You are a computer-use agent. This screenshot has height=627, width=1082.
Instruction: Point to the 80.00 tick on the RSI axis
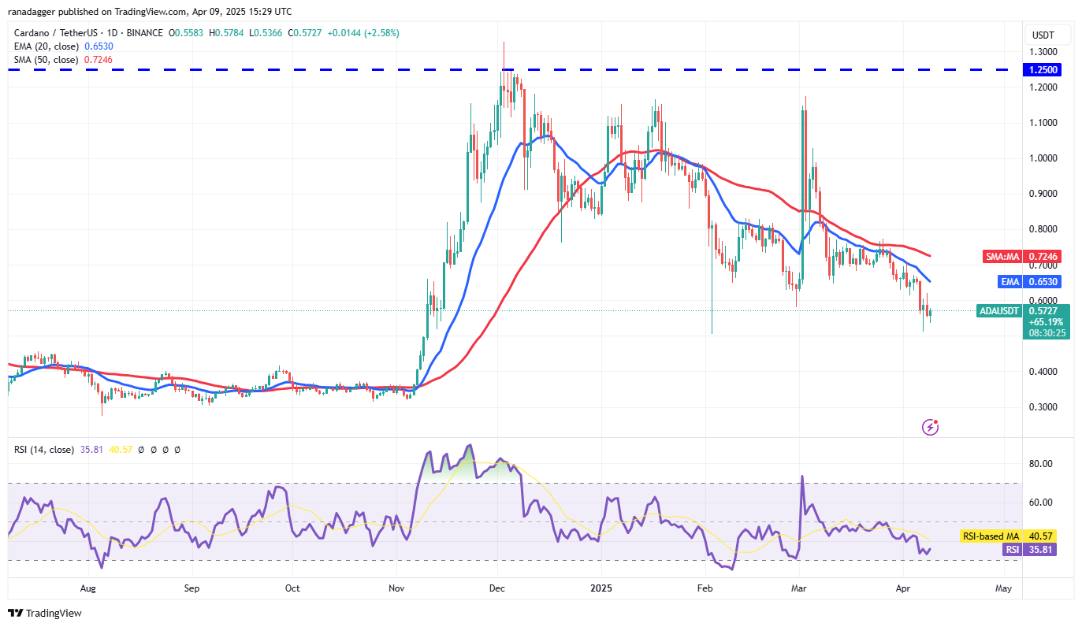point(1042,464)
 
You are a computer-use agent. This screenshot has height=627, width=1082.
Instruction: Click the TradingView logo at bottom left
point(45,613)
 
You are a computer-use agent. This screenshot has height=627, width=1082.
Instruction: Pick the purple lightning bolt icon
point(930,427)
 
